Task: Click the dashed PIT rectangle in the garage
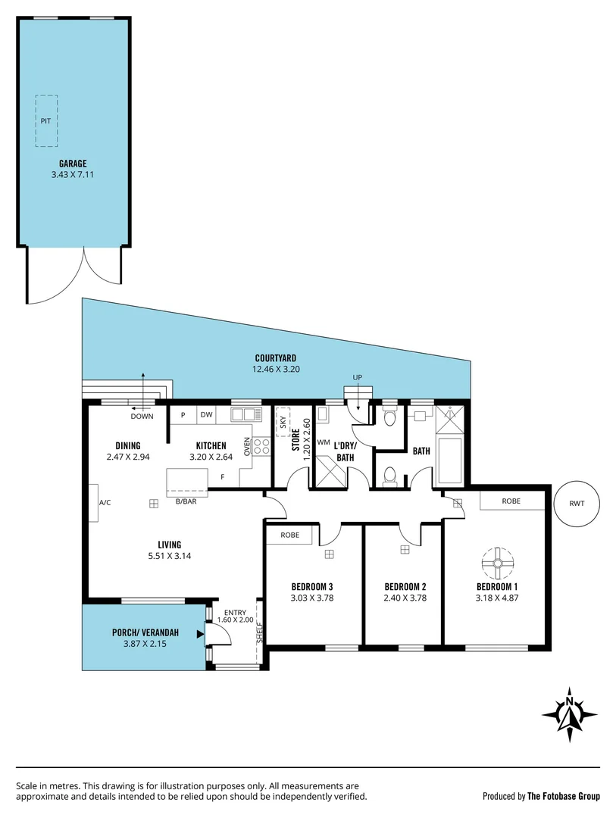point(46,121)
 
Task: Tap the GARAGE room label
point(73,163)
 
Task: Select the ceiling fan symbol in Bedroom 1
point(497,562)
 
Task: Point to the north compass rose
point(570,714)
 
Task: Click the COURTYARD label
point(275,358)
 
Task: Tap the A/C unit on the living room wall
point(94,502)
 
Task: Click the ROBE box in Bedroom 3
point(289,535)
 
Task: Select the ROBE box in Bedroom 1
point(511,501)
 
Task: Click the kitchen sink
point(245,414)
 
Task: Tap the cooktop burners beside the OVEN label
point(262,447)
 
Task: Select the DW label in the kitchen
point(206,414)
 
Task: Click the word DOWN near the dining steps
point(142,417)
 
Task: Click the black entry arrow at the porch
point(199,635)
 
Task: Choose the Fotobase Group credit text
point(541,796)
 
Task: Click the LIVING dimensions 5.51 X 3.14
point(169,556)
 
